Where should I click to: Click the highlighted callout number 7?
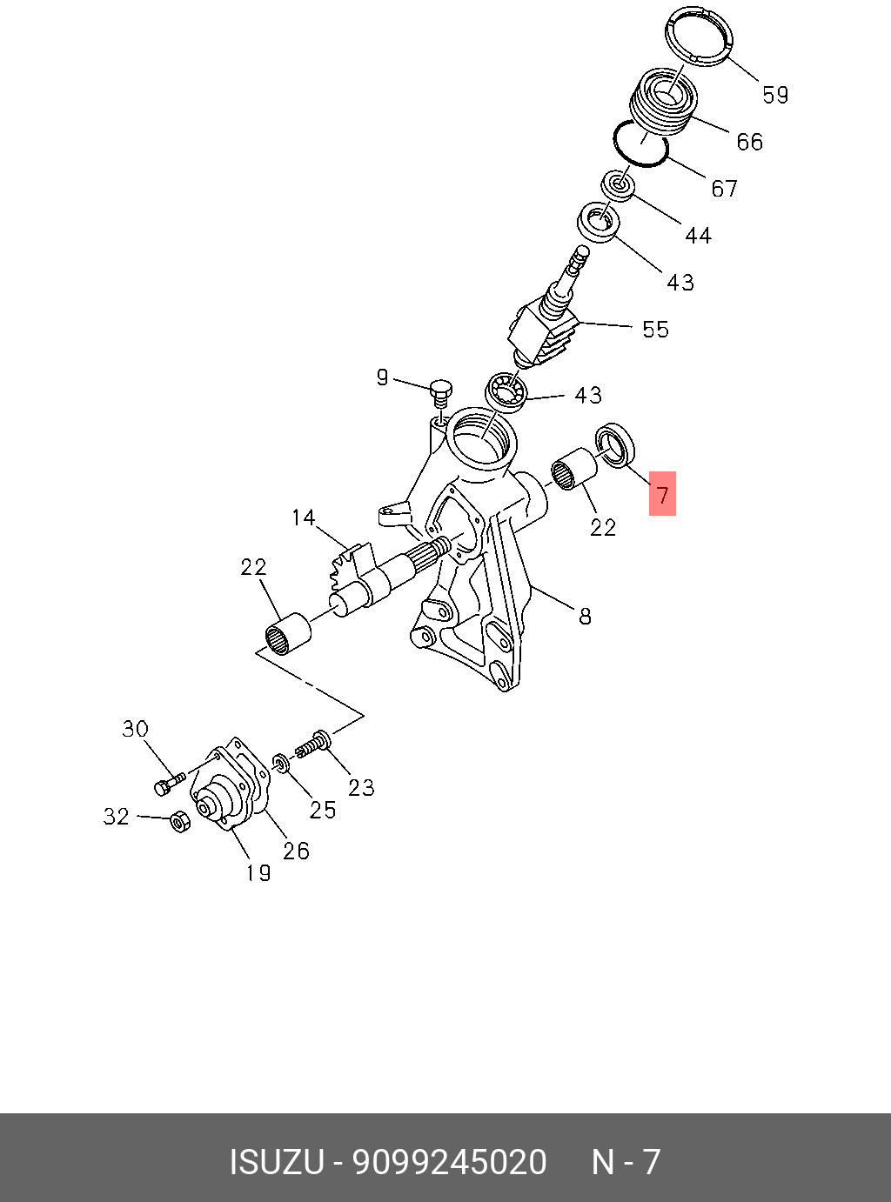pyautogui.click(x=663, y=495)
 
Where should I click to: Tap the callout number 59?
pyautogui.click(x=775, y=95)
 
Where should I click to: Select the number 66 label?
pyautogui.click(x=749, y=142)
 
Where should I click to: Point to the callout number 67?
pyautogui.click(x=724, y=189)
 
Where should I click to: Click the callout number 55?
pyautogui.click(x=655, y=330)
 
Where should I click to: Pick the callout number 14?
pyautogui.click(x=303, y=518)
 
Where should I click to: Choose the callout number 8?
pyautogui.click(x=585, y=617)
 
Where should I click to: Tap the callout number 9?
pyautogui.click(x=382, y=377)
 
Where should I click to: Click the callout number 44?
pyautogui.click(x=698, y=236)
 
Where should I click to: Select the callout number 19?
pyautogui.click(x=258, y=872)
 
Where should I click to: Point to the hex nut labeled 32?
pyautogui.click(x=179, y=821)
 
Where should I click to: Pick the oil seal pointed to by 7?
pyautogui.click(x=615, y=444)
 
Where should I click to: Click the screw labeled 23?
pyautogui.click(x=313, y=745)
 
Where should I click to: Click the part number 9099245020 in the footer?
pyautogui.click(x=449, y=1162)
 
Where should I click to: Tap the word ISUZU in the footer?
pyautogui.click(x=277, y=1162)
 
